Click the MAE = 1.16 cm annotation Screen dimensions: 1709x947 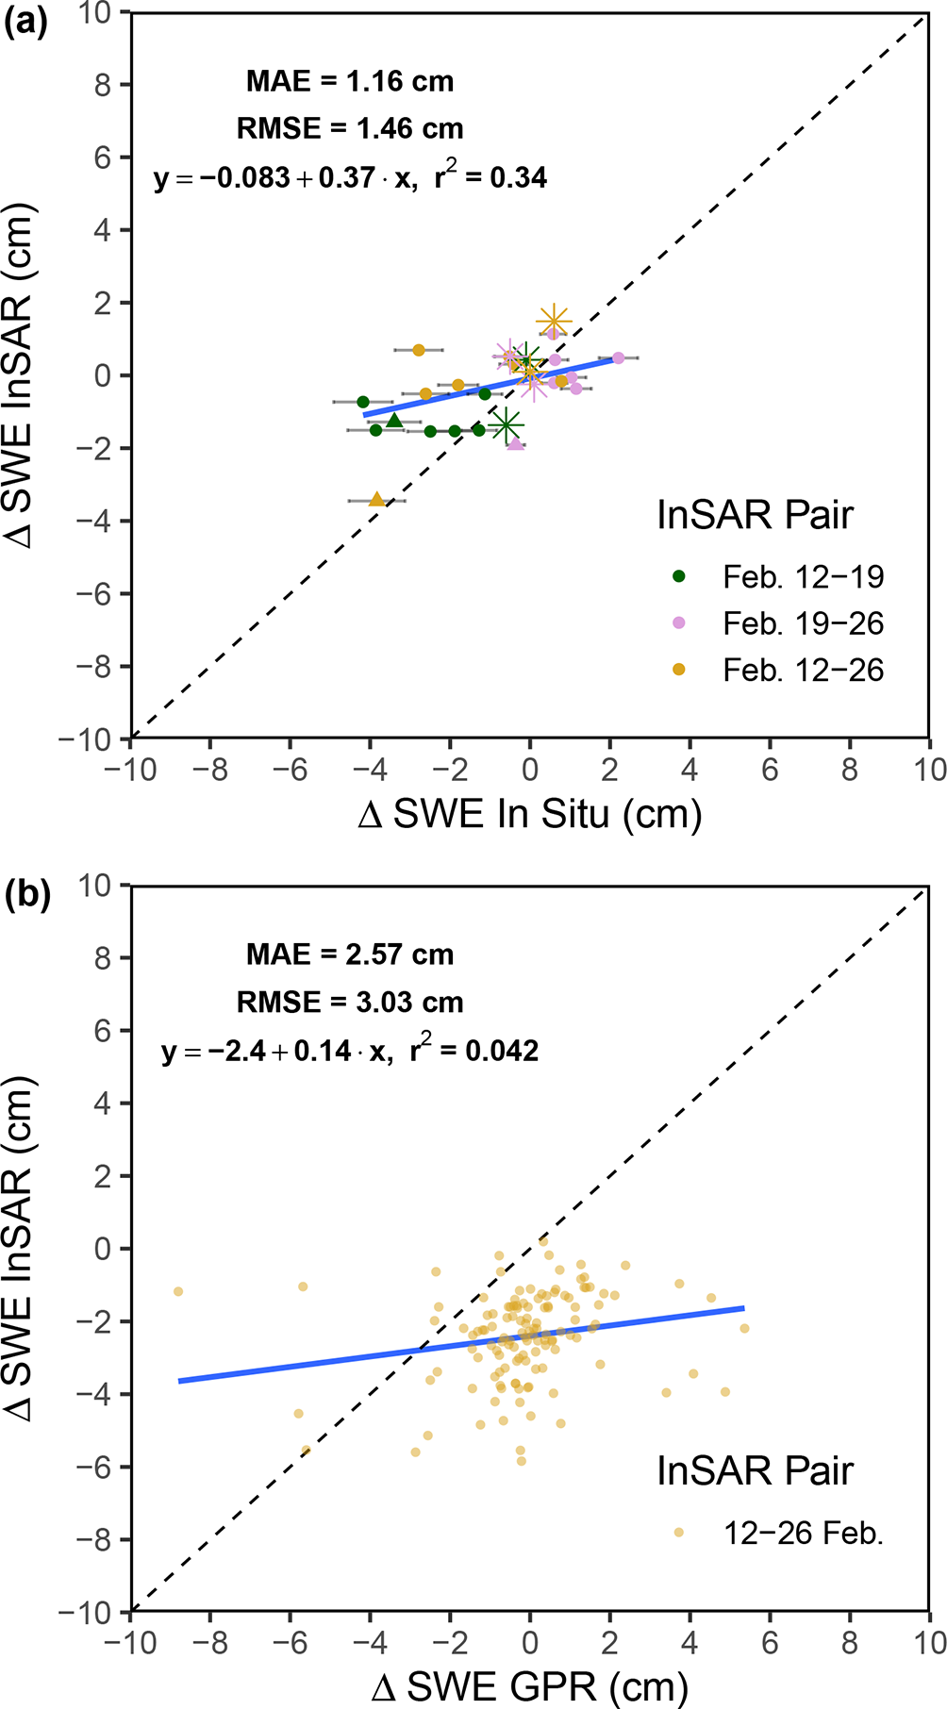(x=350, y=81)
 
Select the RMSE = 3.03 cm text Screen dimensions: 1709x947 (x=350, y=1002)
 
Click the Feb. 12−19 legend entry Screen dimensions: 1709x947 (x=803, y=576)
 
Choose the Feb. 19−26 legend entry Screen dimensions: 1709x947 (x=803, y=623)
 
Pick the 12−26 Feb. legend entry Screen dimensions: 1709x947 (x=803, y=1533)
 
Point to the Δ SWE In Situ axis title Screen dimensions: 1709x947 (x=530, y=813)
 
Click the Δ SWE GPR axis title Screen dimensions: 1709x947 (x=530, y=1685)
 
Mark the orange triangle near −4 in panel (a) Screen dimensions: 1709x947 (x=377, y=499)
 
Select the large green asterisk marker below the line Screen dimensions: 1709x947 (x=507, y=425)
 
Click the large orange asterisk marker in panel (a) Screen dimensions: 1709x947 (x=554, y=321)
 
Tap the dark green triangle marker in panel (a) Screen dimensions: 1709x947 (x=394, y=420)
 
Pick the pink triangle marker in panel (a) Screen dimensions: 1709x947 (x=515, y=442)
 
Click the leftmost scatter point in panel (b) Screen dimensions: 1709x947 (x=177, y=1291)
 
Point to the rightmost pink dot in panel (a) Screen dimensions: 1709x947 (x=618, y=357)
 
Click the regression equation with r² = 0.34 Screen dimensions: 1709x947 (x=350, y=177)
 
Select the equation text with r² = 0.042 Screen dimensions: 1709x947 (x=350, y=1051)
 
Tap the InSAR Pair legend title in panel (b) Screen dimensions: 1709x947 (x=755, y=1470)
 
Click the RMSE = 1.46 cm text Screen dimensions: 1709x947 (x=350, y=128)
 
